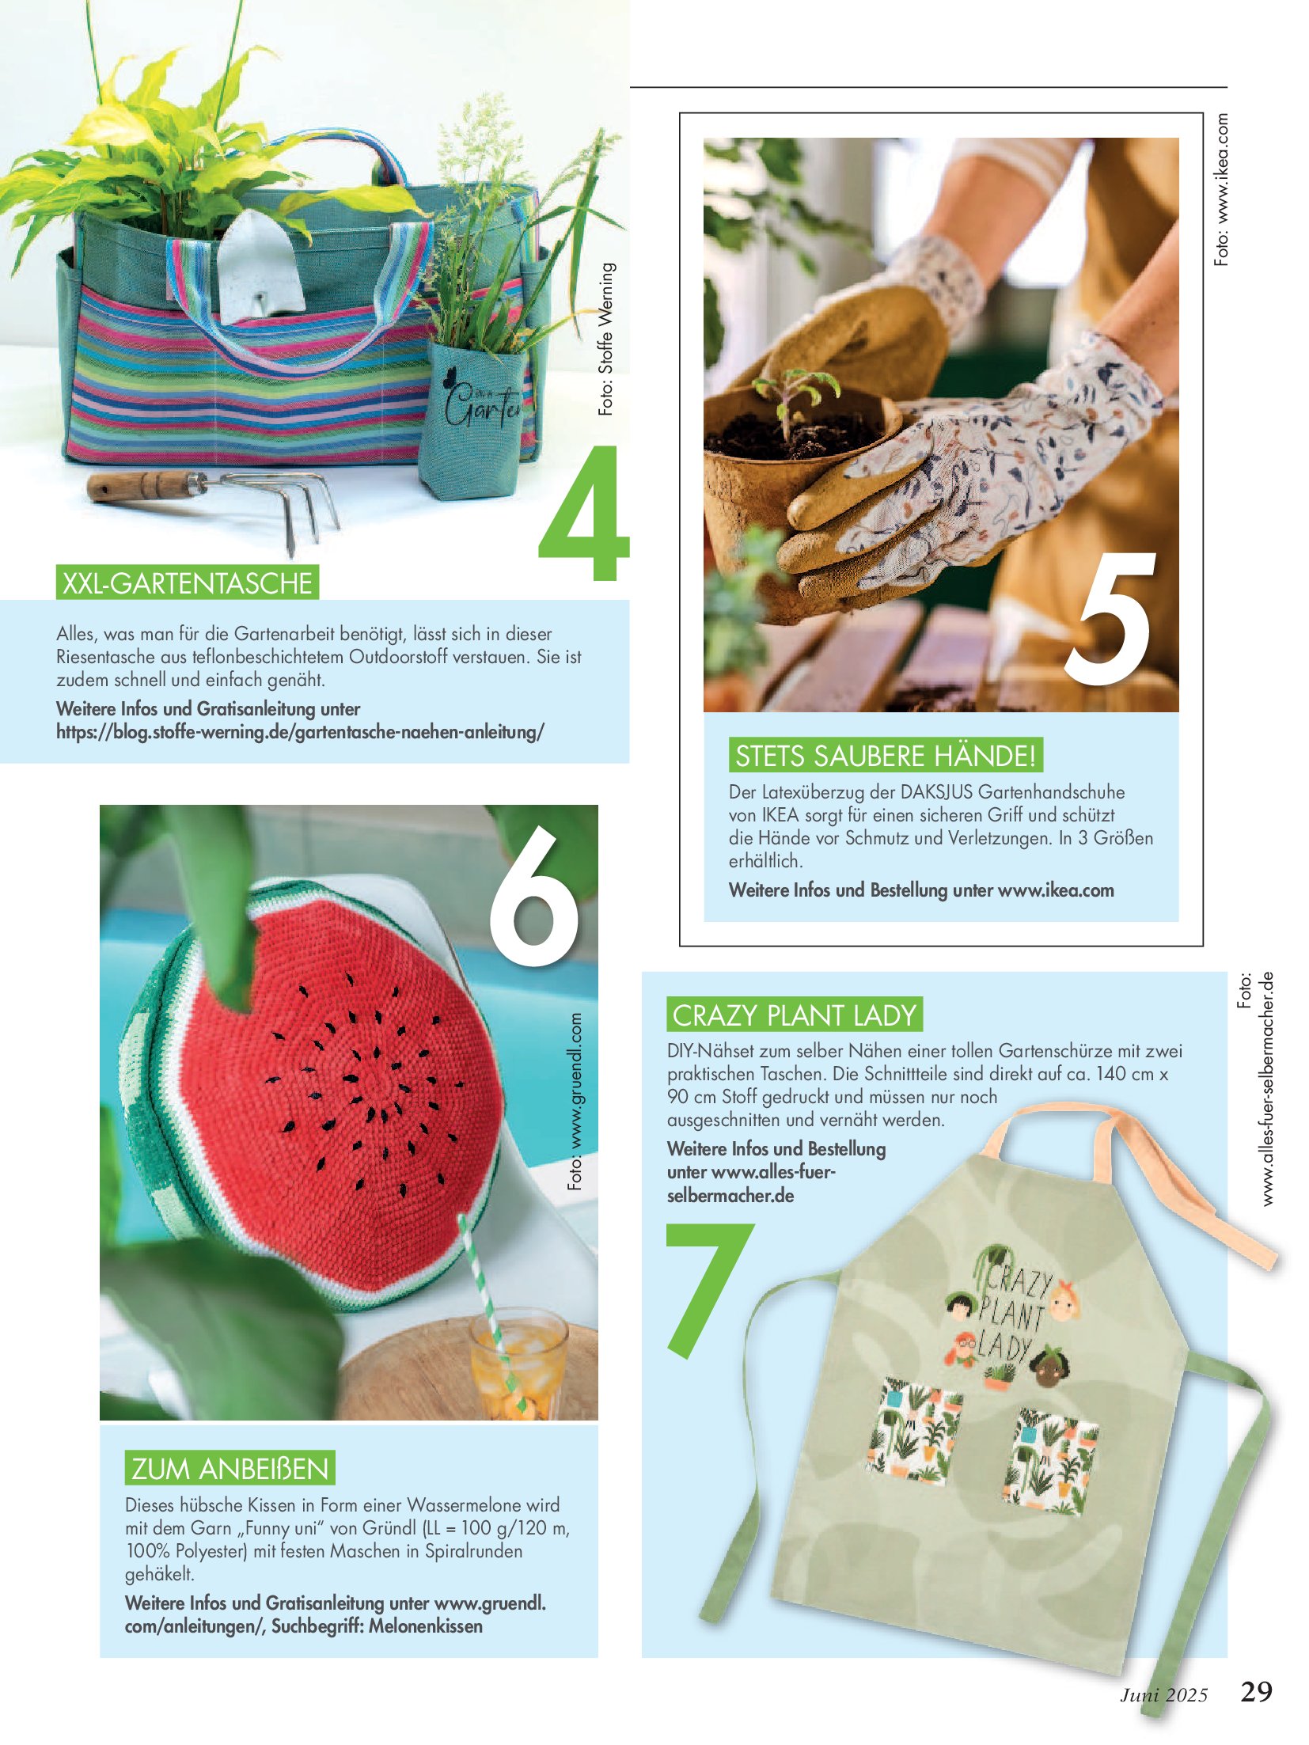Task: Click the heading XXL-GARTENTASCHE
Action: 188,582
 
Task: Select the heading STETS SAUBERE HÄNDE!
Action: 886,755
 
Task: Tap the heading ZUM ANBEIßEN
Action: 230,1468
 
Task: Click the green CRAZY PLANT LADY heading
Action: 795,1015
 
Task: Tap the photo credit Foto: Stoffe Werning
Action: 606,340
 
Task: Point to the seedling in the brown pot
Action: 793,399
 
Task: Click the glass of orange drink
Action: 518,1362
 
